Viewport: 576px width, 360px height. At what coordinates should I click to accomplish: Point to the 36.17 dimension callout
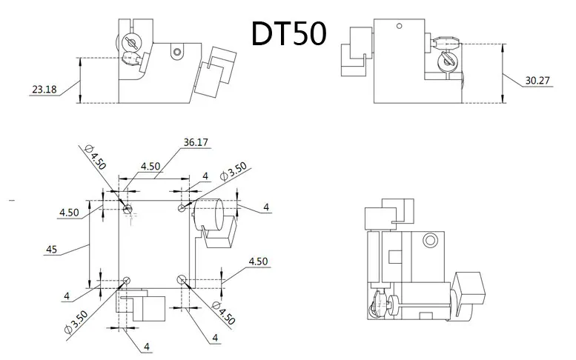[196, 143]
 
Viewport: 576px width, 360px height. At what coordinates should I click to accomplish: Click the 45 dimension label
[50, 250]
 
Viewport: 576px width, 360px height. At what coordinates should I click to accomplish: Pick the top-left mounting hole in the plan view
[128, 210]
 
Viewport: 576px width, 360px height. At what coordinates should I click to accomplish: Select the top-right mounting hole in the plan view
[182, 209]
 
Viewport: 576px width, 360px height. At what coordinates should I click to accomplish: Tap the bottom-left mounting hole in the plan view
[128, 280]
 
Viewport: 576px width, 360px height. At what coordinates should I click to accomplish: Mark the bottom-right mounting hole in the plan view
[182, 279]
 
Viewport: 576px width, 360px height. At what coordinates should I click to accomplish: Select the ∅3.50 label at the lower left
[76, 323]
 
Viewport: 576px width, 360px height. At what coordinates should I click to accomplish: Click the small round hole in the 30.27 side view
[399, 26]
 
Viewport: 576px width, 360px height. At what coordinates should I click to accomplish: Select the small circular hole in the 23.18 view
[177, 52]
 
